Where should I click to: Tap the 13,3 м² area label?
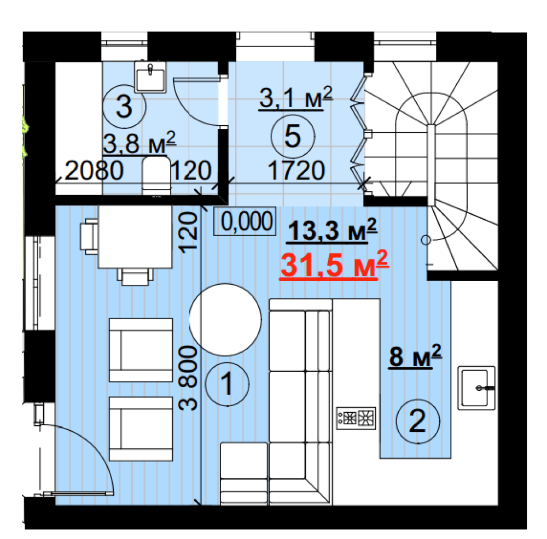point(332,230)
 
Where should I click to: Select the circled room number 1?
point(227,384)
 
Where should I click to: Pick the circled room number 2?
point(417,421)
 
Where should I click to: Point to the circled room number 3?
point(124,107)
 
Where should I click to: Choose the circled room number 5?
point(293,136)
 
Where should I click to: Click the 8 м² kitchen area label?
point(415,356)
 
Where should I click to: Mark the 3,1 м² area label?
point(295,98)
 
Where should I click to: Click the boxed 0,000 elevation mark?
point(245,221)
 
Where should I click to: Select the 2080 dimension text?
point(94,171)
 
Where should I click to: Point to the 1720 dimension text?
point(296,171)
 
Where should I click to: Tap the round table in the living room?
point(225,319)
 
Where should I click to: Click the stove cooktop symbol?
point(356,418)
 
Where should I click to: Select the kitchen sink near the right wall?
point(476,388)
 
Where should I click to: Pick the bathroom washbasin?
point(150,78)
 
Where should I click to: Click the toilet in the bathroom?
point(156,175)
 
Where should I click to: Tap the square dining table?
point(135,237)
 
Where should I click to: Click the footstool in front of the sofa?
point(244,473)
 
